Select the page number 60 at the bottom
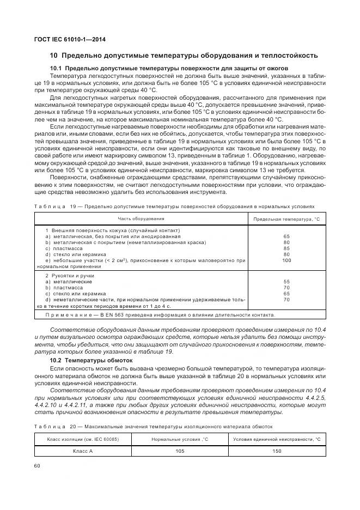pos(37,465)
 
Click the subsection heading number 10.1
pos(56,68)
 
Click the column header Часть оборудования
pos(141,218)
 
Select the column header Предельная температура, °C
pos(286,219)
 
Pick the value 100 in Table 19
pos(286,260)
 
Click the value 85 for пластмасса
pos(286,248)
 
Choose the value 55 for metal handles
pos(286,282)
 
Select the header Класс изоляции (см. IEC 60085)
pos(83,439)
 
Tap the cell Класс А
pos(83,451)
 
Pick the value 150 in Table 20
pos(277,451)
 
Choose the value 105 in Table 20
pos(180,451)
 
